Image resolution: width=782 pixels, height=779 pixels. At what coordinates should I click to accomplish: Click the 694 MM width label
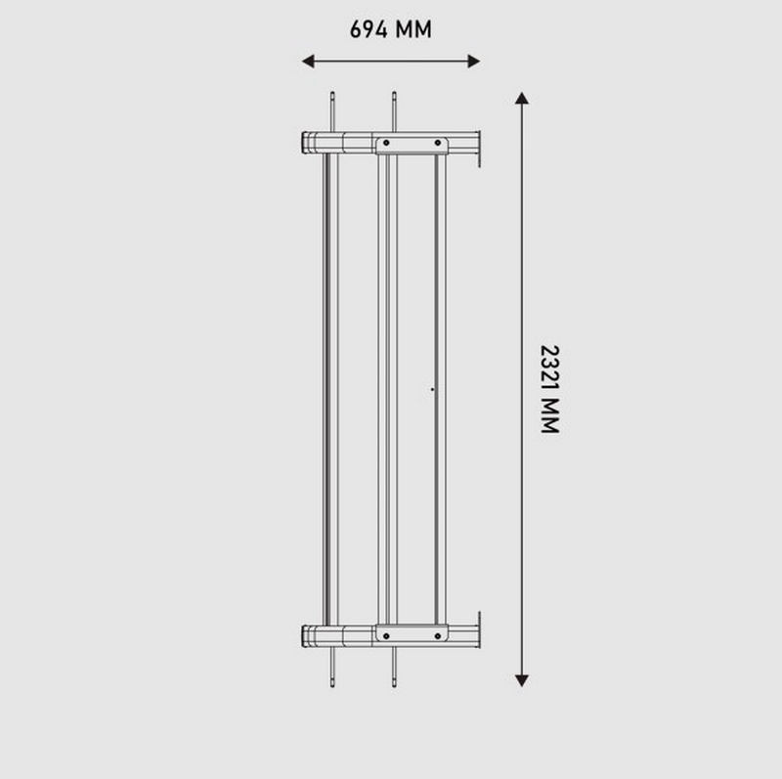pyautogui.click(x=390, y=29)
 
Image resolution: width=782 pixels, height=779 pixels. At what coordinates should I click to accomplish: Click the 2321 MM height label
pyautogui.click(x=550, y=389)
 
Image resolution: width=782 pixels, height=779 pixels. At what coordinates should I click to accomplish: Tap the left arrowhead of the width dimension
pyautogui.click(x=308, y=62)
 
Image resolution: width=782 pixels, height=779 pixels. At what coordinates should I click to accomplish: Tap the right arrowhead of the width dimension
pyautogui.click(x=474, y=62)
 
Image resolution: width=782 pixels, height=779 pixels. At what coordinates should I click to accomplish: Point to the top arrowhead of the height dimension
pyautogui.click(x=522, y=99)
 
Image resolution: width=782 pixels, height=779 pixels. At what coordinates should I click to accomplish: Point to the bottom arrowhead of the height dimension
pyautogui.click(x=522, y=680)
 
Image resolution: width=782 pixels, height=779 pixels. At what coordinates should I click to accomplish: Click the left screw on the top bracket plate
pyautogui.click(x=386, y=143)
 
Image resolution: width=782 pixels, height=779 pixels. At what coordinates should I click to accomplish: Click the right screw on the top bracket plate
pyautogui.click(x=438, y=143)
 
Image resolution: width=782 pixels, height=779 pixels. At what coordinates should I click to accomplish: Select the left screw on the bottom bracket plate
pyautogui.click(x=386, y=636)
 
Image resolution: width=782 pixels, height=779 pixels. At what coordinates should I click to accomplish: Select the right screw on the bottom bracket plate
pyautogui.click(x=438, y=636)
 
